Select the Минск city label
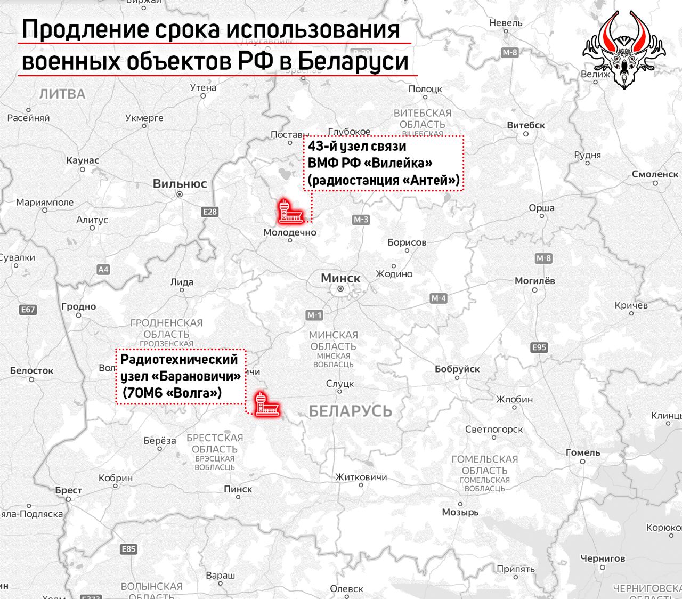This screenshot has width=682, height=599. coord(340,278)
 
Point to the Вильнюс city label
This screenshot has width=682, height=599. coord(180,184)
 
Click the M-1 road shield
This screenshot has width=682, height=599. coord(314,315)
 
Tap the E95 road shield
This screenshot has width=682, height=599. coord(539,347)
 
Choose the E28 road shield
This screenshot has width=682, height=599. coord(210,212)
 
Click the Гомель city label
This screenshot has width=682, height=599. coord(583,452)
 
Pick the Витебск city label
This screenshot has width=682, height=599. coord(526,125)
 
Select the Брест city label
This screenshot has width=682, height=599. coord(69,490)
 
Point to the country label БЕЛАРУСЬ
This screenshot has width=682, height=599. coord(350,411)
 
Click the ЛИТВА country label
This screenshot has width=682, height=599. coord(62,94)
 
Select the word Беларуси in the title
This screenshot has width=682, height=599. coord(353,61)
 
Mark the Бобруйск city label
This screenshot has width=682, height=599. coord(457,369)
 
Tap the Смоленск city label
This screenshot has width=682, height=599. coord(655,174)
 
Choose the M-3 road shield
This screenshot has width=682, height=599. coord(361,220)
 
